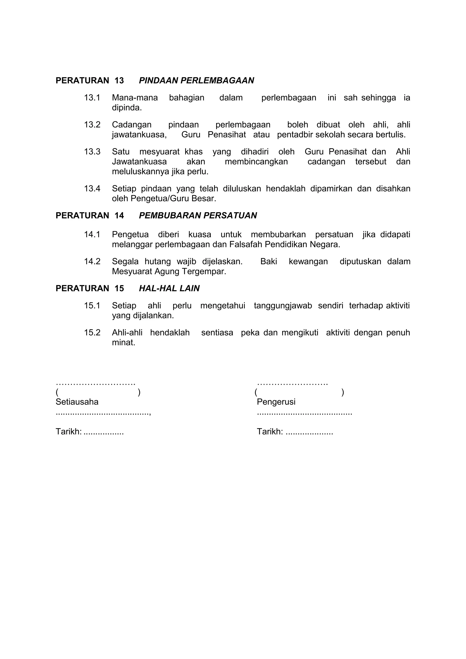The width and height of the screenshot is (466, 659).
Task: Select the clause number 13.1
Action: (x=92, y=98)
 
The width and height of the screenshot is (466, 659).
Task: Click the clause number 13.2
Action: (x=92, y=125)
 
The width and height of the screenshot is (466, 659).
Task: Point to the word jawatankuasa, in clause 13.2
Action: (x=139, y=135)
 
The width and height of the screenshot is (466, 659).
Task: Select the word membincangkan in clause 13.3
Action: (x=256, y=162)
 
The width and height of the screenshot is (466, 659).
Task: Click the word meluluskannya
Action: (x=140, y=172)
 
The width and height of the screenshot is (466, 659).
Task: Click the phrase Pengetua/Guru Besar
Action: (x=173, y=199)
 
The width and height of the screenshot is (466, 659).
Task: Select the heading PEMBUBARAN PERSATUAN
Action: (x=198, y=216)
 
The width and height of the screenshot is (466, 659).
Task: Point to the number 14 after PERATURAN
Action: (x=119, y=216)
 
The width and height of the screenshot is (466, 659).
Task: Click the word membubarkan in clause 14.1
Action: (x=278, y=235)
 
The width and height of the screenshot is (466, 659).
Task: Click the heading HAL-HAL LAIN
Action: (x=169, y=289)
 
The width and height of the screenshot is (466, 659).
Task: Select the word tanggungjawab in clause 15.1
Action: (x=283, y=306)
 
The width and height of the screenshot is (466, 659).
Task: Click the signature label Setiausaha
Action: (x=77, y=402)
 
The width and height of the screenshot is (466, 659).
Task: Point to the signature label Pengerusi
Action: (x=276, y=402)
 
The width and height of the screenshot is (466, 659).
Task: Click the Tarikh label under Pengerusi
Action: (x=270, y=432)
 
